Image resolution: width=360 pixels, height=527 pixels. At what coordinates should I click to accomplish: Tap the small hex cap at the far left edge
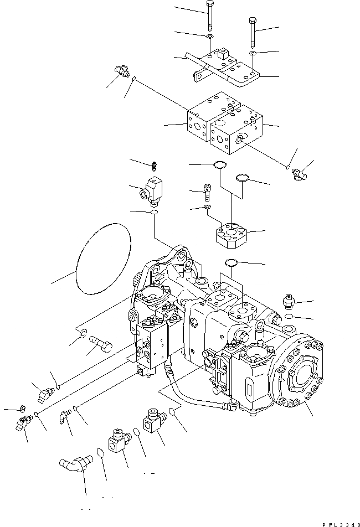click(x=22, y=409)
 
